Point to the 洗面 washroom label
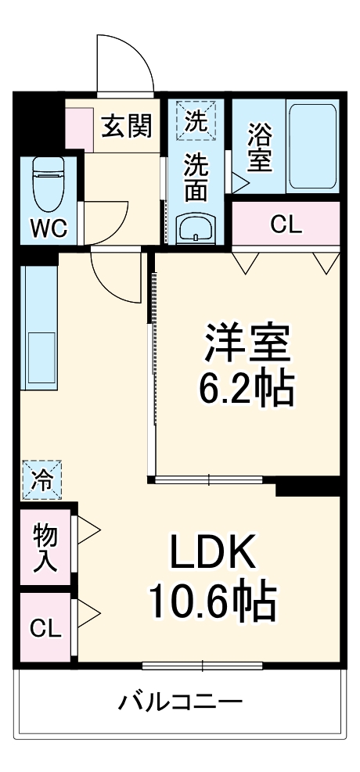coord(196,178)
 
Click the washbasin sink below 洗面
coord(195,229)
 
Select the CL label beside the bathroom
coord(286,224)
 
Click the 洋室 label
coord(248,344)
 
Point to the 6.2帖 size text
coord(248,389)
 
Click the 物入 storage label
coord(45,548)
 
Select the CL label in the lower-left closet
coord(45,628)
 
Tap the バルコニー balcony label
coord(180,701)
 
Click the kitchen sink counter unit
coord(39,329)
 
